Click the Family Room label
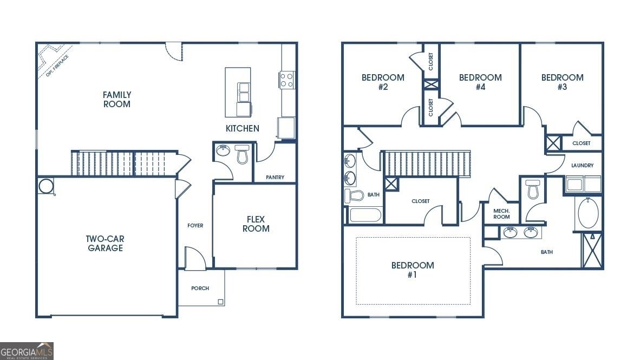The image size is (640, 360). [x=117, y=100]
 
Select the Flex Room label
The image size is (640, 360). [x=256, y=224]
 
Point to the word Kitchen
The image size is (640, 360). [x=242, y=129]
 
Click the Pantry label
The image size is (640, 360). [x=275, y=178]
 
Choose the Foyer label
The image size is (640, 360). [x=195, y=226]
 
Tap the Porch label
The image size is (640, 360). [x=200, y=289]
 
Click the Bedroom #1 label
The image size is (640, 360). [x=413, y=270]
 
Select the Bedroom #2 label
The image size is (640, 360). [x=383, y=82]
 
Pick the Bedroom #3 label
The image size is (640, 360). [x=562, y=82]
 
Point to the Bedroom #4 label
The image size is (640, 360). [x=480, y=82]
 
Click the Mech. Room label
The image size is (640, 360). [x=501, y=213]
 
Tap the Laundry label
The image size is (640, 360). [x=582, y=166]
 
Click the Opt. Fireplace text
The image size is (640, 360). [x=57, y=65]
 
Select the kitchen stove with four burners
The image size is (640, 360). [x=287, y=80]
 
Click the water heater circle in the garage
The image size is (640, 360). [x=46, y=186]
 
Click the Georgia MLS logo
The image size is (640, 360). [x=27, y=351]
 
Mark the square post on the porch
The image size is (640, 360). [x=220, y=302]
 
